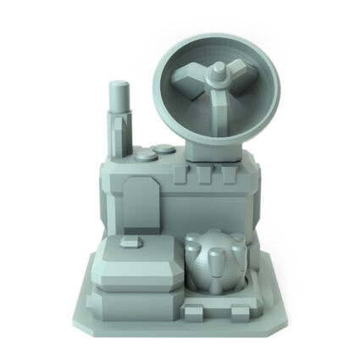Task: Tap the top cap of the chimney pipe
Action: (118, 86)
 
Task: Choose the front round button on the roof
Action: (141, 158)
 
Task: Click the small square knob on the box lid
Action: (130, 242)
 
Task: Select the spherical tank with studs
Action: (214, 262)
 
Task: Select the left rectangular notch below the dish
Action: (179, 175)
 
